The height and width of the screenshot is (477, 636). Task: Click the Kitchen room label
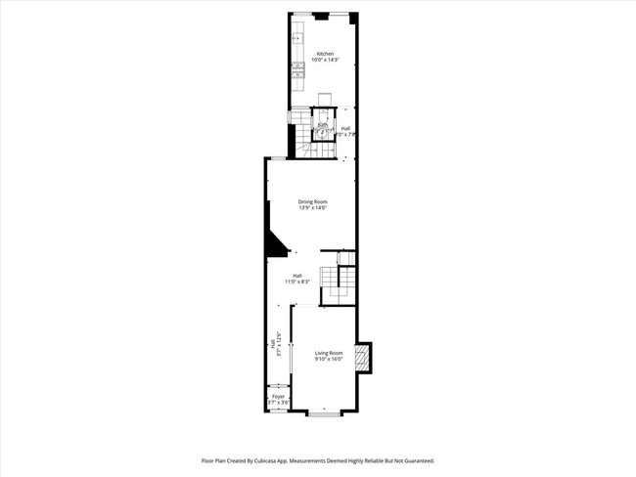pyautogui.click(x=325, y=53)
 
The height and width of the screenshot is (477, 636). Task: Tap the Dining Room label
pyautogui.click(x=313, y=201)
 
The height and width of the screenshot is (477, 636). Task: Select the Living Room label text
pyautogui.click(x=329, y=352)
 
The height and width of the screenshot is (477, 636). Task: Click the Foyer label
pyautogui.click(x=278, y=396)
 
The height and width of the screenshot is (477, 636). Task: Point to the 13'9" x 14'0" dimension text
pyautogui.click(x=313, y=208)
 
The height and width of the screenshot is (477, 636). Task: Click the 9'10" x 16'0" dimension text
pyautogui.click(x=329, y=359)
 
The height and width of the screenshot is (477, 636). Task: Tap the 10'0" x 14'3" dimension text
pyautogui.click(x=325, y=60)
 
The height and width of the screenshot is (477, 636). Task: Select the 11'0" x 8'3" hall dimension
pyautogui.click(x=297, y=282)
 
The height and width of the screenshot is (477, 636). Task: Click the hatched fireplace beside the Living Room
pyautogui.click(x=363, y=359)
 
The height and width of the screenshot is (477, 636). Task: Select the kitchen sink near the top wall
pyautogui.click(x=297, y=39)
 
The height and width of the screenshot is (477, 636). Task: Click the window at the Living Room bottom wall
pyautogui.click(x=325, y=414)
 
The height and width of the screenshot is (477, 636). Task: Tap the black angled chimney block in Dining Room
pyautogui.click(x=273, y=239)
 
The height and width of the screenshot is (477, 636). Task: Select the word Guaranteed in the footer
pyautogui.click(x=414, y=460)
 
